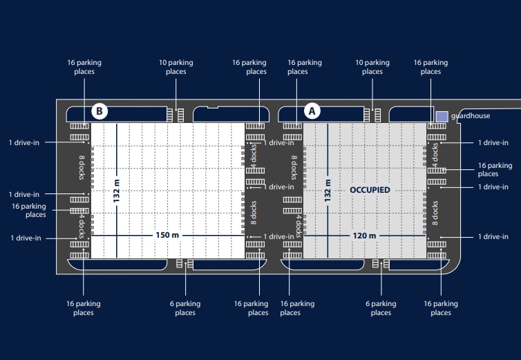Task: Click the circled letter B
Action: click(100, 111)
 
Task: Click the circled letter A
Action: click(312, 111)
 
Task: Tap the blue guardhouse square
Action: click(442, 117)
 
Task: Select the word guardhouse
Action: click(471, 115)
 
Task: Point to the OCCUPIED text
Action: click(370, 190)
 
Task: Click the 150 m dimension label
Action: click(167, 235)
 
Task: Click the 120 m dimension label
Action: click(365, 236)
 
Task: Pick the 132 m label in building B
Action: click(116, 191)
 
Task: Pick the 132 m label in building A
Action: click(328, 191)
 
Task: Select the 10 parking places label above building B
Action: click(176, 67)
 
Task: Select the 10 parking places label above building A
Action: click(372, 67)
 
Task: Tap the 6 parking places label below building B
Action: click(185, 307)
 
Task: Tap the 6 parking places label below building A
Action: click(381, 307)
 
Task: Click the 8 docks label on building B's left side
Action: click(82, 167)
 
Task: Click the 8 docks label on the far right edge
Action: click(435, 213)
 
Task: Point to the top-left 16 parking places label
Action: click(84, 67)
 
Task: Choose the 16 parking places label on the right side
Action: click(495, 169)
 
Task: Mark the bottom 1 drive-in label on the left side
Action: click(26, 238)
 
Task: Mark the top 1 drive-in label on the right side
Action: click(493, 142)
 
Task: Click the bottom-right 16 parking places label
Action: click(441, 307)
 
